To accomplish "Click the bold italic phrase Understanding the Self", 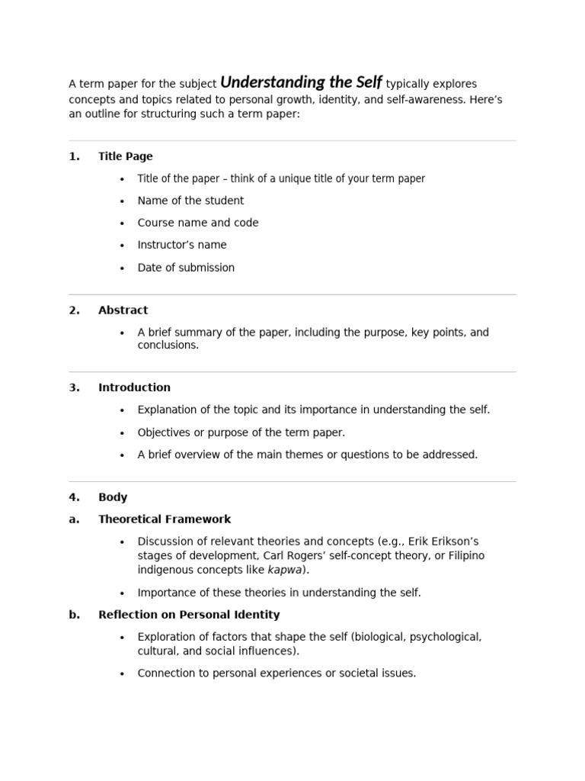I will click(301, 82).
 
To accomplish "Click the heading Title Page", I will click(126, 156).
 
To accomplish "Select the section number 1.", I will click(74, 156).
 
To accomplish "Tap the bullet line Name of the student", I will click(190, 201).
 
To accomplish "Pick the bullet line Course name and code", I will click(198, 223).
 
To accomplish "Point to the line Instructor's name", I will click(182, 245).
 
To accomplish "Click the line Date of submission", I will click(186, 268).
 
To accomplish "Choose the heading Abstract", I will click(123, 310).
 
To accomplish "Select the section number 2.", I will click(74, 310).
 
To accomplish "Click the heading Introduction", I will click(134, 387).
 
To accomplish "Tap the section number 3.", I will click(74, 387).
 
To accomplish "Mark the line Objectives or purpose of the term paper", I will click(241, 432).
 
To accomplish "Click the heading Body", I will click(113, 497).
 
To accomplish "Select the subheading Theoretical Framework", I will click(165, 519).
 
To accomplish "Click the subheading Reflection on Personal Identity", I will click(189, 615).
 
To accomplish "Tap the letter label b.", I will click(74, 615).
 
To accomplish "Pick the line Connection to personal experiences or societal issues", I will click(277, 673).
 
